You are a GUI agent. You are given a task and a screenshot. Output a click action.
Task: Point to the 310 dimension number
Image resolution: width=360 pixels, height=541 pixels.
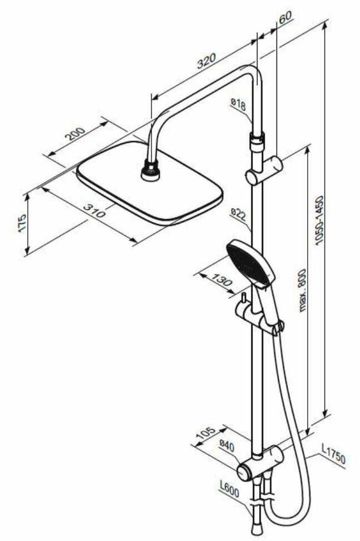(95, 211)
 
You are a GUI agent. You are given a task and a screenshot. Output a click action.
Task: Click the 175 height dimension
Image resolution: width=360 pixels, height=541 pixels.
(22, 224)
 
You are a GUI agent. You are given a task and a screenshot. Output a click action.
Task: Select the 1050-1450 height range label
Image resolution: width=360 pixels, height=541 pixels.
(319, 220)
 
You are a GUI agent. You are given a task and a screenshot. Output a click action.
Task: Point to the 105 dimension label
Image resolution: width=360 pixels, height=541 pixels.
(206, 433)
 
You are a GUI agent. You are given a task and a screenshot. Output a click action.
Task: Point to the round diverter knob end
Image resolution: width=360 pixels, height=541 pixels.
(244, 472)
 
